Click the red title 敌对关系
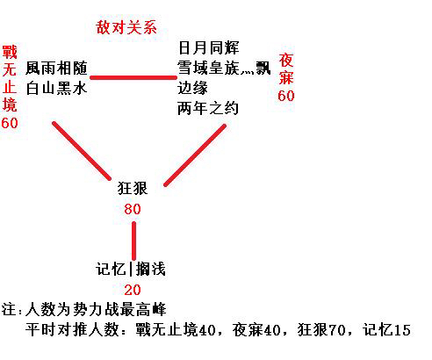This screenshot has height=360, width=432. click(126, 28)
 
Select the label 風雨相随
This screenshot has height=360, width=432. click(56, 68)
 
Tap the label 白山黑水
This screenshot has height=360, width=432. click(56, 88)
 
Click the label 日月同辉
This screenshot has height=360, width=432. click(208, 47)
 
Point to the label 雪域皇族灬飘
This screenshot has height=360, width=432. click(224, 68)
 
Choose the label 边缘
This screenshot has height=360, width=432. click(192, 88)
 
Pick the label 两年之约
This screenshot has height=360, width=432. click(208, 108)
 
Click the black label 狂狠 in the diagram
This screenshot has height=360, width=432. click(133, 188)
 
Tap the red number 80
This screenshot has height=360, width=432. click(133, 209)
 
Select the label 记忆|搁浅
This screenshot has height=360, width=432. click(131, 269)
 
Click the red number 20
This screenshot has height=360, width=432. click(133, 290)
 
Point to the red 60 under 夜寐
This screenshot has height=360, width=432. click(286, 96)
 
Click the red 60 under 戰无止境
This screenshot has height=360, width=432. click(10, 123)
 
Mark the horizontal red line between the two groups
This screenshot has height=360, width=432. click(133, 77)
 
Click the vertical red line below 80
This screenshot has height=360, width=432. click(133, 241)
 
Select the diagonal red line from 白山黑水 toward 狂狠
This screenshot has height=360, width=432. click(82, 151)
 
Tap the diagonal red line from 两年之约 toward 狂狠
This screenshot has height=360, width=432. click(195, 155)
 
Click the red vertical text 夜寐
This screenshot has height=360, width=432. click(286, 68)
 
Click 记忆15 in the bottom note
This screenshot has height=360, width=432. click(386, 330)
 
